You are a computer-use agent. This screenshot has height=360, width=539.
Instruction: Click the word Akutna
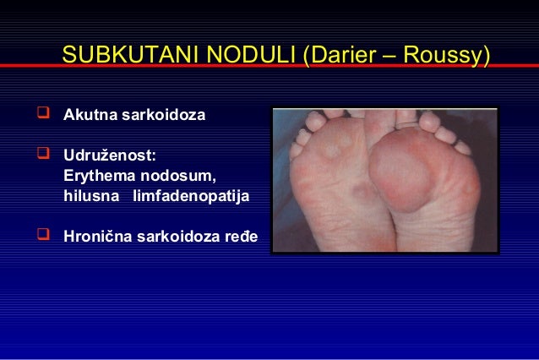[89, 114]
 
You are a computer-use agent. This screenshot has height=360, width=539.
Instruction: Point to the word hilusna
[90, 196]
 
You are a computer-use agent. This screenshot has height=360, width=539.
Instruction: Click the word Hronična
[97, 237]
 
